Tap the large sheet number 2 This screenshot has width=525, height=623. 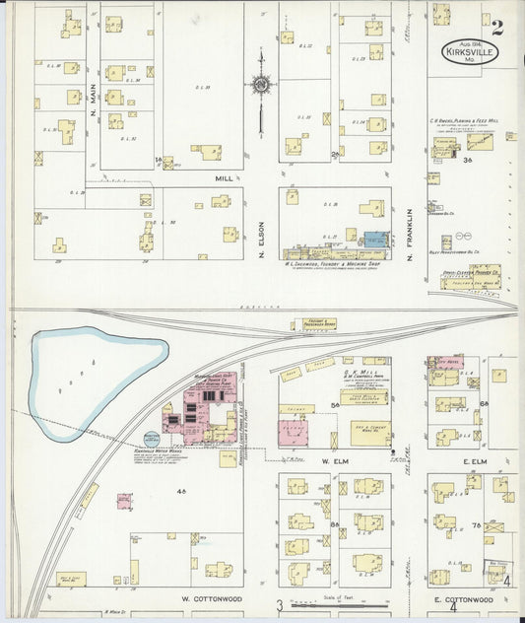click(x=498, y=28)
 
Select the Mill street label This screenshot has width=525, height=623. click(x=223, y=178)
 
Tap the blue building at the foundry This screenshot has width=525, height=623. click(x=376, y=239)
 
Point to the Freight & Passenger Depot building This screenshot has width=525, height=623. click(x=313, y=323)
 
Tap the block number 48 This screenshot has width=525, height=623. click(x=180, y=490)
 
